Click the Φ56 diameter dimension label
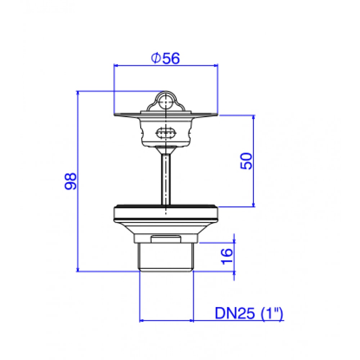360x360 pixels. (165, 58)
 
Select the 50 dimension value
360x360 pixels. (247, 161)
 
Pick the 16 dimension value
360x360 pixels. (227, 257)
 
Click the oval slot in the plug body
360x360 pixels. (166, 133)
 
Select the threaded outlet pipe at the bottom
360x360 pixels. (166, 257)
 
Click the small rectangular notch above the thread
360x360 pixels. (166, 238)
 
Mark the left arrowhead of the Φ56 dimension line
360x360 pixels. (116, 66)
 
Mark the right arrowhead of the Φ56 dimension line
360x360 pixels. (216, 66)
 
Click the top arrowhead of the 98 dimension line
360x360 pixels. (78, 93)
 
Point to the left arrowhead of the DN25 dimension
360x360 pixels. (142, 320)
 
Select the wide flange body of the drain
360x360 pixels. (166, 214)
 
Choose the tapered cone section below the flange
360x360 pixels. (166, 228)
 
